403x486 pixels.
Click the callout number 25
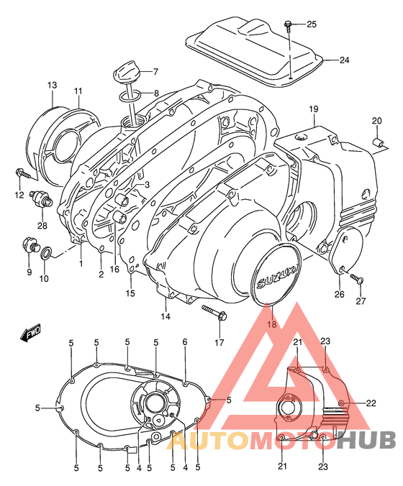[x=312, y=25]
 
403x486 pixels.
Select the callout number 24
[x=344, y=60]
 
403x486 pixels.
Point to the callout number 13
[x=53, y=86]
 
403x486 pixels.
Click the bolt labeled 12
[x=22, y=173]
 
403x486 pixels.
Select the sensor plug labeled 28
[x=43, y=198]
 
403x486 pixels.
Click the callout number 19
[x=314, y=109]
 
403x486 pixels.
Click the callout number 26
[x=338, y=293]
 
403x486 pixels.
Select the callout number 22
[x=371, y=403]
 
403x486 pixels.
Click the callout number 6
[x=185, y=342]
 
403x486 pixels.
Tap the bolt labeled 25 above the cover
[x=288, y=26]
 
